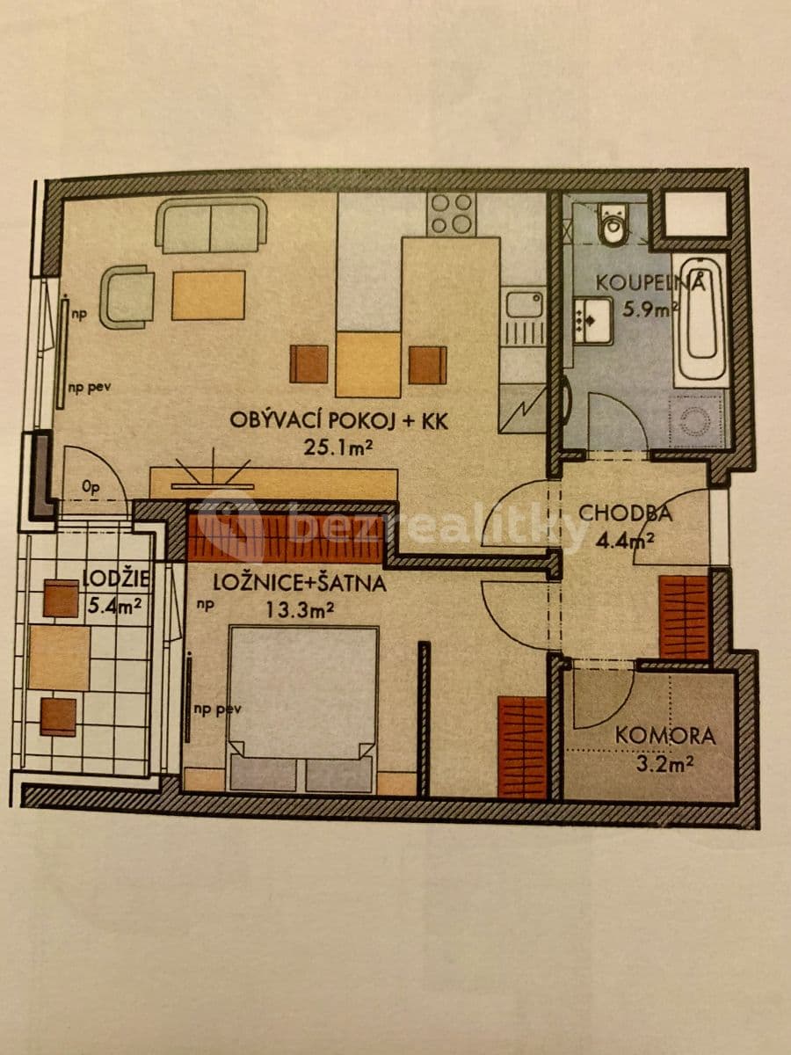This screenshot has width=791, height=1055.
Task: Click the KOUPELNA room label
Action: point(651,283)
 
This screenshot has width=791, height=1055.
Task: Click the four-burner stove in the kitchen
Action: point(452,214)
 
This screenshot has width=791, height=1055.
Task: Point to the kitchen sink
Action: point(524,309)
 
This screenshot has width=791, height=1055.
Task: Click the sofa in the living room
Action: point(211,224)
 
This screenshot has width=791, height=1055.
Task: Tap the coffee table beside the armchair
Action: point(208,295)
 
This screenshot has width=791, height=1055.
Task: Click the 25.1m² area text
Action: point(338,448)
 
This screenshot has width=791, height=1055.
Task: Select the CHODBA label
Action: point(625,513)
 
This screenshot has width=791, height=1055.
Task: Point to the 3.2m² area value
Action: point(666,765)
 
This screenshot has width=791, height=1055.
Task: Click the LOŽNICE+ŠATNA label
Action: point(300,581)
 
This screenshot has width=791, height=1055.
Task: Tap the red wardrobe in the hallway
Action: point(684,616)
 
